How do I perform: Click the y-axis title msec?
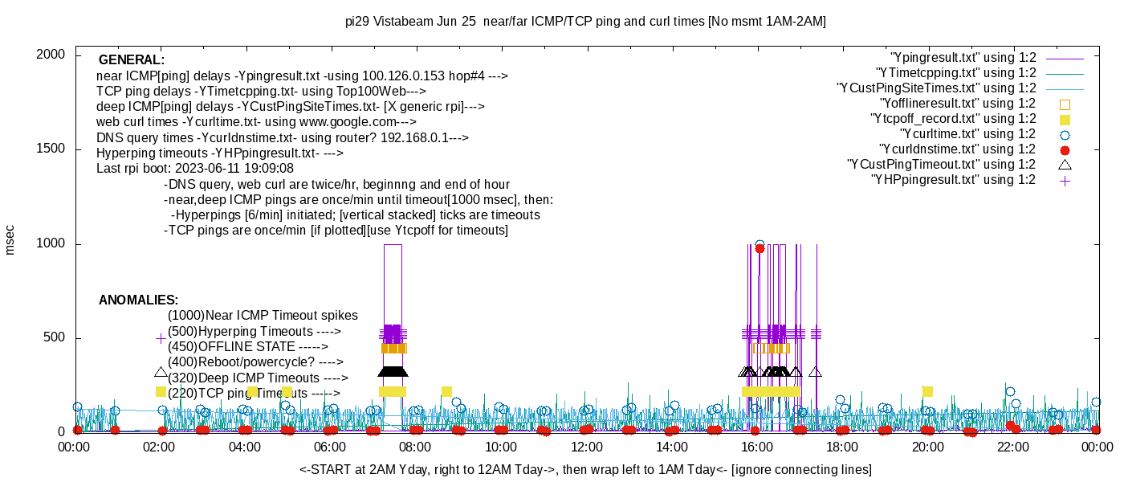tap(10, 239)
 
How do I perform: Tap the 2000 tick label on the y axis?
tap(51, 55)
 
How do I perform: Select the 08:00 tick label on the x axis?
tap(415, 447)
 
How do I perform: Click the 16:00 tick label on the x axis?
tap(757, 447)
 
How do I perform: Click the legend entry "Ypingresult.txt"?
tap(963, 58)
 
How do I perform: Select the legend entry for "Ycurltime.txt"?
tap(967, 134)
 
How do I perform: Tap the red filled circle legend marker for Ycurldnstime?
tap(1065, 150)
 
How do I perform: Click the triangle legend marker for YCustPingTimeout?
tap(1065, 165)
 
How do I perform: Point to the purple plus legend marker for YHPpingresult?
tap(1065, 181)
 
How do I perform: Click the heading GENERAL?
tap(132, 60)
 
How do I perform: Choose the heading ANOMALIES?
tap(138, 300)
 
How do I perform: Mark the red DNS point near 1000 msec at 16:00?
tap(760, 249)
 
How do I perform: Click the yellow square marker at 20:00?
tap(927, 391)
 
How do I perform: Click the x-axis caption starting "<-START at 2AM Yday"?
tap(585, 469)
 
